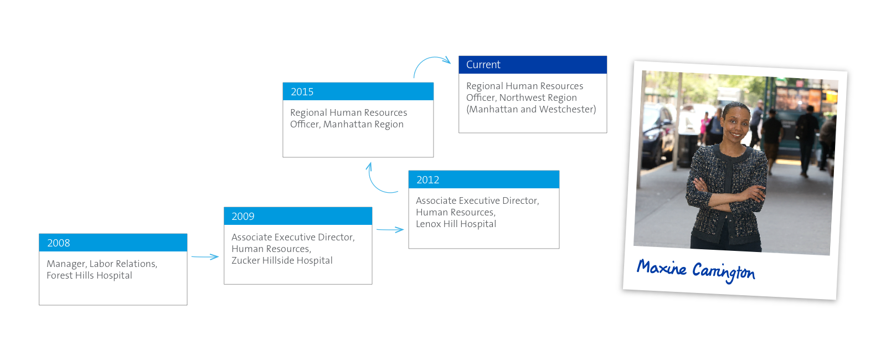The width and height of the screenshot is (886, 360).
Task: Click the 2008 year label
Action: (59, 243)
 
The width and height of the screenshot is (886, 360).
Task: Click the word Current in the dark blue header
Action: (483, 64)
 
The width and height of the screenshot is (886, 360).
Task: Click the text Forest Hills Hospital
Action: (89, 275)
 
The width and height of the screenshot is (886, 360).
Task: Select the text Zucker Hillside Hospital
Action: (282, 260)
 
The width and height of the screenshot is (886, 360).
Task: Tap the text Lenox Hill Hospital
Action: (456, 224)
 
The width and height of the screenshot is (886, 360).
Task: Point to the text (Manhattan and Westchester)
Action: (531, 109)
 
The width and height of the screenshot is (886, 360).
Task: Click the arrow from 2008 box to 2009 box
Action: (205, 257)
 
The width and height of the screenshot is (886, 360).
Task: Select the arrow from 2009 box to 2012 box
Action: (390, 229)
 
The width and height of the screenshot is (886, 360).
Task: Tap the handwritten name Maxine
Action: (661, 268)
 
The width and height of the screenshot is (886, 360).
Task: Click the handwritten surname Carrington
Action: (723, 272)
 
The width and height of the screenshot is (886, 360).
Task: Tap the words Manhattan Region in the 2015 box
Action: (363, 124)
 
